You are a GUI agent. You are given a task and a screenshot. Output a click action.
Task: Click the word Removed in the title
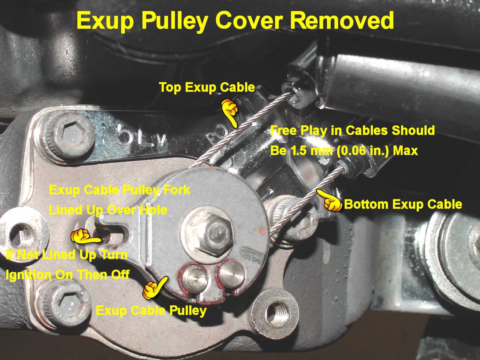pyautogui.click(x=342, y=21)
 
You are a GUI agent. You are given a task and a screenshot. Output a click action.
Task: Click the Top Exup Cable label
pyautogui.click(x=207, y=87)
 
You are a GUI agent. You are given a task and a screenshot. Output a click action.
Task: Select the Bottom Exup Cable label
pyautogui.click(x=403, y=204)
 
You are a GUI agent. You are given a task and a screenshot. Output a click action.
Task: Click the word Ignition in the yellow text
pyautogui.click(x=28, y=275)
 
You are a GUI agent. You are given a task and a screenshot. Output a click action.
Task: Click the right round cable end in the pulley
pyautogui.click(x=232, y=274)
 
